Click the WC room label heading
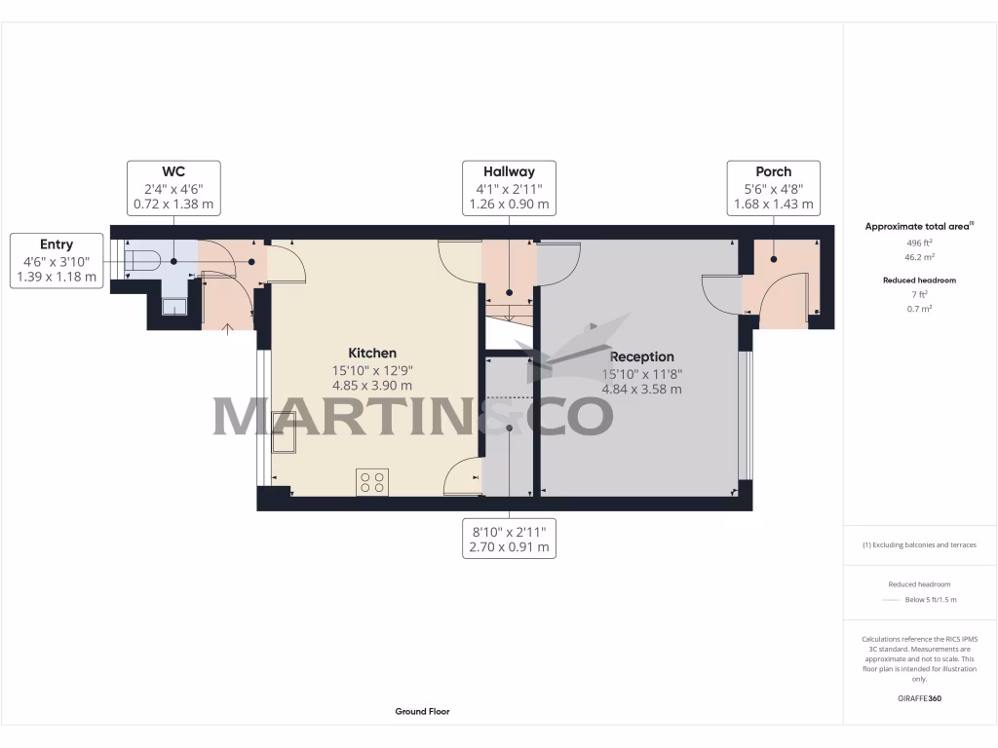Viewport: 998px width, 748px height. tap(173, 170)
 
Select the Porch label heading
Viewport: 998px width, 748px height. tap(773, 170)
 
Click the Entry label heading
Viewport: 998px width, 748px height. tap(57, 243)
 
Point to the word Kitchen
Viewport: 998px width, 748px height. tap(372, 353)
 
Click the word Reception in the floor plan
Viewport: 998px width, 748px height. tap(641, 356)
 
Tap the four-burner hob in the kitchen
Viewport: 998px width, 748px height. tap(372, 481)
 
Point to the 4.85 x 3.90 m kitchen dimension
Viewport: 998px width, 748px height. tap(372, 386)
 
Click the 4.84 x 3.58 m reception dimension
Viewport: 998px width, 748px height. tap(641, 389)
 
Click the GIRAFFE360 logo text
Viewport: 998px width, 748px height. tap(920, 698)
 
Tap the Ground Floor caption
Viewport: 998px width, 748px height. tap(422, 712)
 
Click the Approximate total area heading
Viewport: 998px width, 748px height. tap(919, 226)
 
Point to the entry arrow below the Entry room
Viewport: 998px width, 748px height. tap(228, 328)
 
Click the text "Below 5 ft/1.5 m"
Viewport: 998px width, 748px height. tap(931, 599)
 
